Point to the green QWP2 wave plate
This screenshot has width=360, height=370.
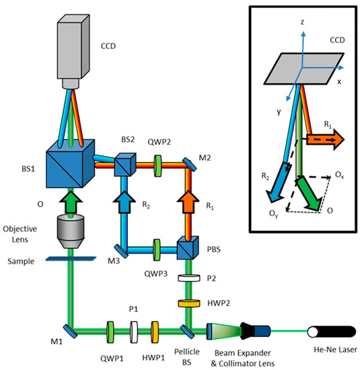tap(159, 163)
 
